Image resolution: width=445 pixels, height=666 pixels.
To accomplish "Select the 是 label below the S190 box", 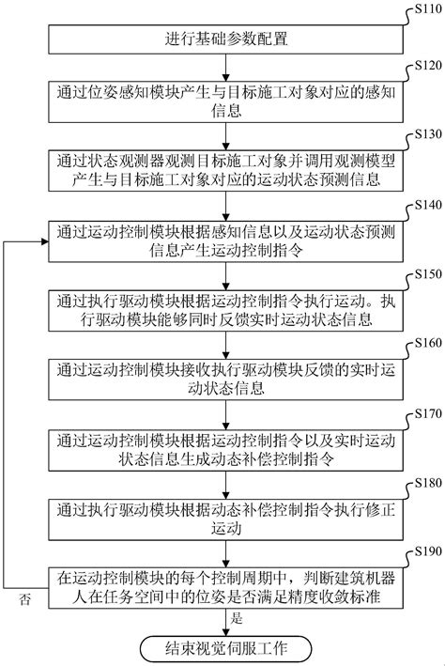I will coord(237,620).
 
